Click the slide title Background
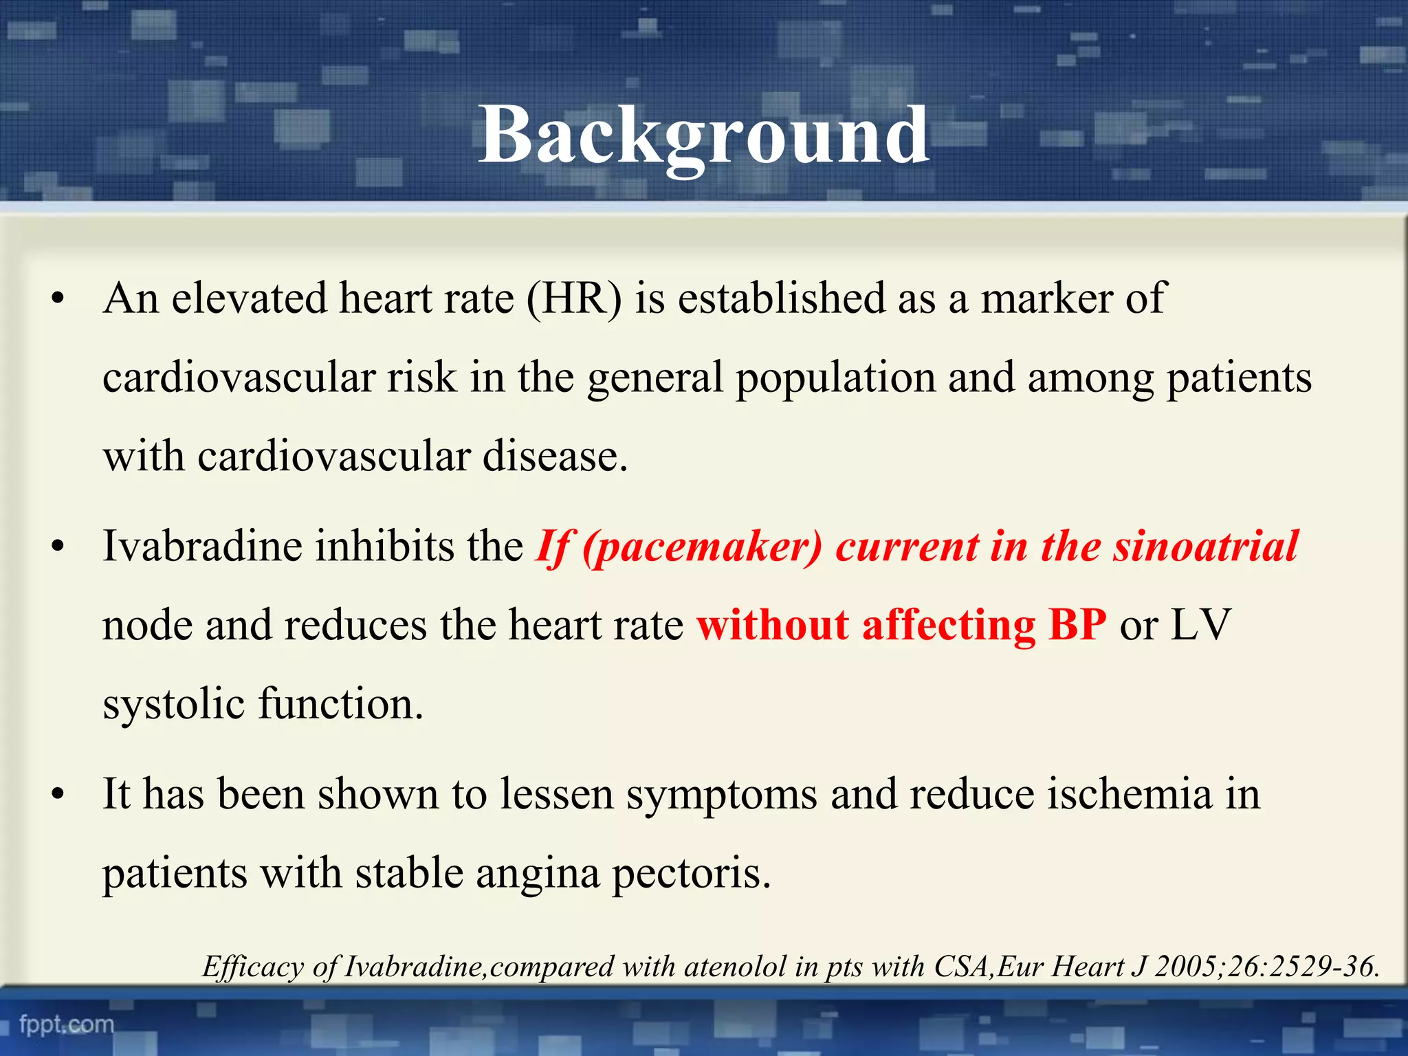pos(703,135)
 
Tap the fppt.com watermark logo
pos(67,1024)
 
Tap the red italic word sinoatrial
pos(1205,547)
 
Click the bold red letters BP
pos(1077,626)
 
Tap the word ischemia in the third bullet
pos(1130,795)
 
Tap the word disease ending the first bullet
pos(555,456)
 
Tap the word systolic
pos(173,705)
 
